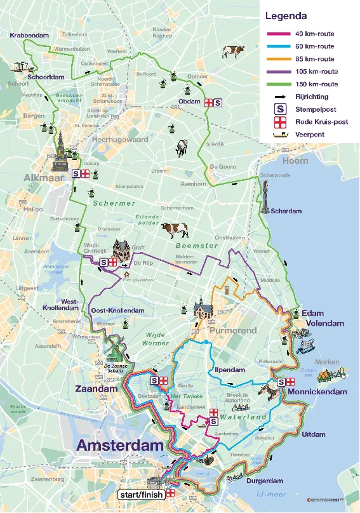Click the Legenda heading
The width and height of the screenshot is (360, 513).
coord(286,16)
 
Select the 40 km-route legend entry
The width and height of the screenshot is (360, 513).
coord(314,34)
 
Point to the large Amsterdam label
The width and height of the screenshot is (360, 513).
coord(120,446)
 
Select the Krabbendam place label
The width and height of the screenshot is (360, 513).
coord(29,36)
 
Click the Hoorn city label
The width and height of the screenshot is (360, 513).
coord(295,161)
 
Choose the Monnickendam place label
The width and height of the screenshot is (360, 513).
coord(317,392)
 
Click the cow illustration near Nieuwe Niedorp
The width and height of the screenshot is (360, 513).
coord(233,51)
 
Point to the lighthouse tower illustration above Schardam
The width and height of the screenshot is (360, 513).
coord(265,195)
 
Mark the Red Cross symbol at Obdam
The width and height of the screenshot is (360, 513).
coord(208,102)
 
